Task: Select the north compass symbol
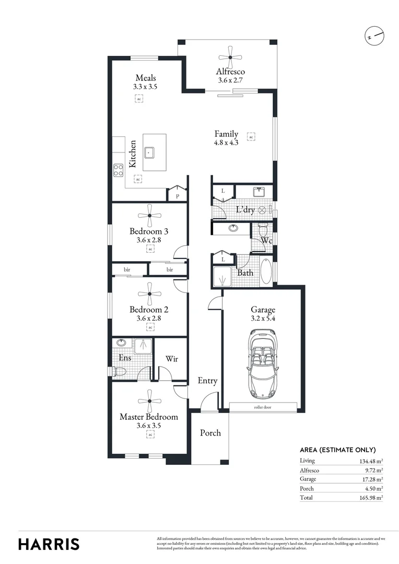point(375,36)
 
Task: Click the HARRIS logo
point(49,544)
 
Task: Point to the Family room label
point(226,134)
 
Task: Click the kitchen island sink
point(150,152)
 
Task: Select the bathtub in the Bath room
point(266,271)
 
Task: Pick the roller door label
point(263,407)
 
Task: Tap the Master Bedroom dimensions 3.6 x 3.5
point(149,426)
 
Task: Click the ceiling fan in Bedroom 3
point(149,214)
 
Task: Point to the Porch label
point(210,433)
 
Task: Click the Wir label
point(172,359)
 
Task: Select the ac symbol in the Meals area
point(138,99)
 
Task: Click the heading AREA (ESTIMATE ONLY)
point(337,450)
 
